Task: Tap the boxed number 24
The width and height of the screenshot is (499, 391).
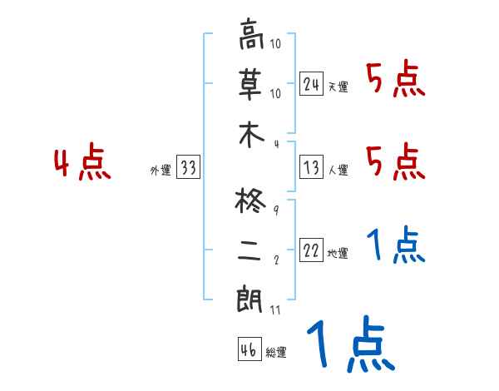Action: coord(312,84)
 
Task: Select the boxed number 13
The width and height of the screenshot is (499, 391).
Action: coord(312,167)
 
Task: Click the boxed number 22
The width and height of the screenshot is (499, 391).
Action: coord(312,250)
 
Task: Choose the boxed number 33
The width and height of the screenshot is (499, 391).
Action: coord(188,167)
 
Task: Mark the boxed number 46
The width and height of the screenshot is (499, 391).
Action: coord(249,349)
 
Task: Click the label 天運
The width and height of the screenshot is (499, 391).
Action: coord(338,87)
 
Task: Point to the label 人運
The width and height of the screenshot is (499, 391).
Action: coord(338,170)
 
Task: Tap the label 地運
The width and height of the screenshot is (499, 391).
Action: coord(338,253)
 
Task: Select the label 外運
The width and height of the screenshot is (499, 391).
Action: coord(160,170)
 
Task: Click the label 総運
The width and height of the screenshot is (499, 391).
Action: coord(276,352)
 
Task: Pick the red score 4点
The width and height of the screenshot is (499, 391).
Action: coord(82,164)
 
